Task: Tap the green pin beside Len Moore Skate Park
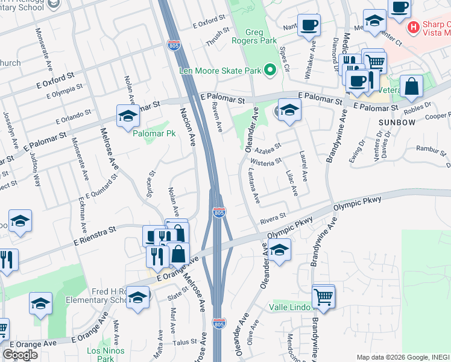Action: pos(271,71)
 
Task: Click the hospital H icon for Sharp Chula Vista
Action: pos(414,27)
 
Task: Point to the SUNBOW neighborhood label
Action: pos(397,122)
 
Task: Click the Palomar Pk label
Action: pos(151,132)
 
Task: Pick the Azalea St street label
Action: pos(268,148)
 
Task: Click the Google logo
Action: pos(20,354)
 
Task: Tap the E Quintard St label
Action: pos(101,187)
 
